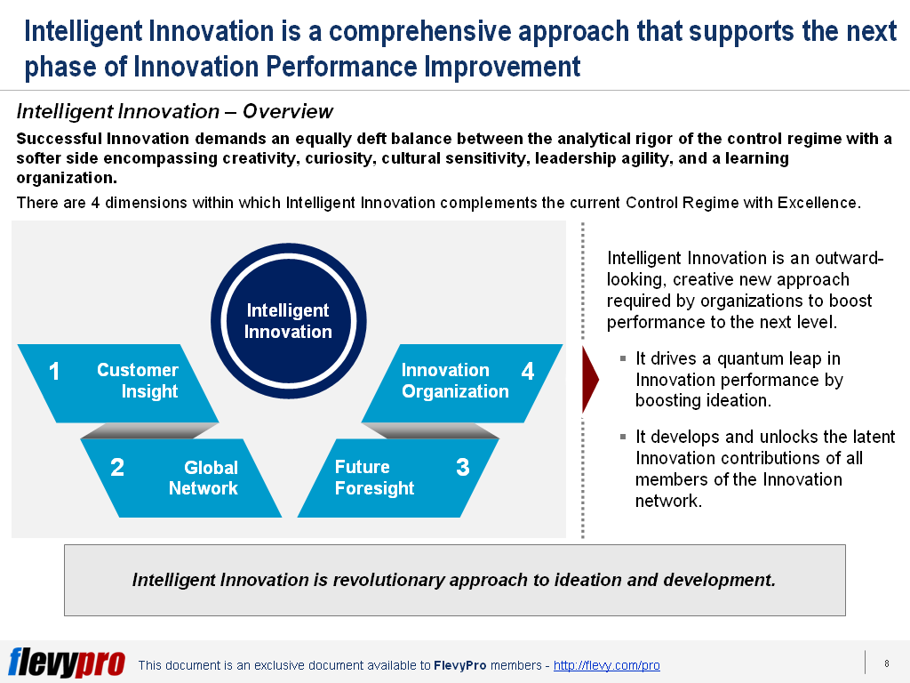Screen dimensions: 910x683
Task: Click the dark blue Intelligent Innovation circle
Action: [x=289, y=320]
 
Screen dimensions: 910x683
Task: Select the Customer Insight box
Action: [x=118, y=382]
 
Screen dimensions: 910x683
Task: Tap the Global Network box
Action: [x=181, y=478]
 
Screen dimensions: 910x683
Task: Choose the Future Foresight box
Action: [x=398, y=478]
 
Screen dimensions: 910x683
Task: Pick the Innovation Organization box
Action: [x=462, y=382]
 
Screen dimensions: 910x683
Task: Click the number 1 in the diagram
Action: [x=54, y=372]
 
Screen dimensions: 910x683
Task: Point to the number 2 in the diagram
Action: [x=117, y=468]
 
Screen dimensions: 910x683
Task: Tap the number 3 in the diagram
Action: [x=462, y=468]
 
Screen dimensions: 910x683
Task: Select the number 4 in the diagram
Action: [x=528, y=371]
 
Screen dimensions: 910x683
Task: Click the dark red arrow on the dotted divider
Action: [x=590, y=380]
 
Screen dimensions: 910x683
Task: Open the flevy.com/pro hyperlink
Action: [x=606, y=665]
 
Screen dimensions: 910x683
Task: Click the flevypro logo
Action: [x=67, y=663]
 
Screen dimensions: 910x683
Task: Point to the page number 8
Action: [x=887, y=663]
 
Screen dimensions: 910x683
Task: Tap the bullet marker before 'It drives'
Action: [x=623, y=358]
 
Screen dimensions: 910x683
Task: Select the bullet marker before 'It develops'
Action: [x=623, y=436]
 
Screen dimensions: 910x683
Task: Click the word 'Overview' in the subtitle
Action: [x=287, y=111]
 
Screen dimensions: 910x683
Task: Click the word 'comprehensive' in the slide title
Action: [x=420, y=31]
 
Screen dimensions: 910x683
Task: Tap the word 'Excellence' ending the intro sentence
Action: [x=818, y=203]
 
